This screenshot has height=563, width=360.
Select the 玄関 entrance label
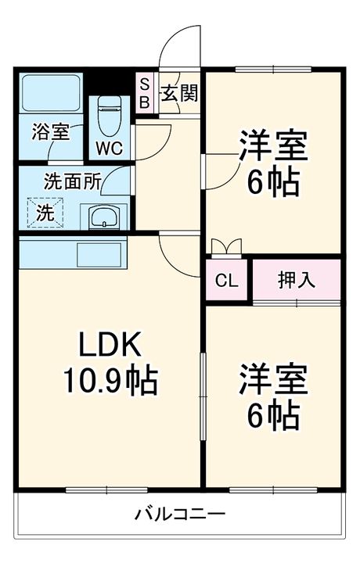click(x=180, y=93)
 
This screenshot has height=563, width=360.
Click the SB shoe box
click(x=145, y=93)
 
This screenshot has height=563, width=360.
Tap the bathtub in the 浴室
click(x=50, y=94)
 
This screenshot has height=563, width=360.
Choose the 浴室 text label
click(x=50, y=131)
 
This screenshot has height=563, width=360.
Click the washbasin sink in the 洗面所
click(x=103, y=217)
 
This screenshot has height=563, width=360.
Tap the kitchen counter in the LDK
click(x=70, y=253)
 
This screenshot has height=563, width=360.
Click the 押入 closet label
click(x=297, y=280)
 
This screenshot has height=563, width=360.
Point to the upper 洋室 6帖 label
click(x=272, y=163)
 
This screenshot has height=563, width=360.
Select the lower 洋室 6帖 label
click(x=272, y=397)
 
